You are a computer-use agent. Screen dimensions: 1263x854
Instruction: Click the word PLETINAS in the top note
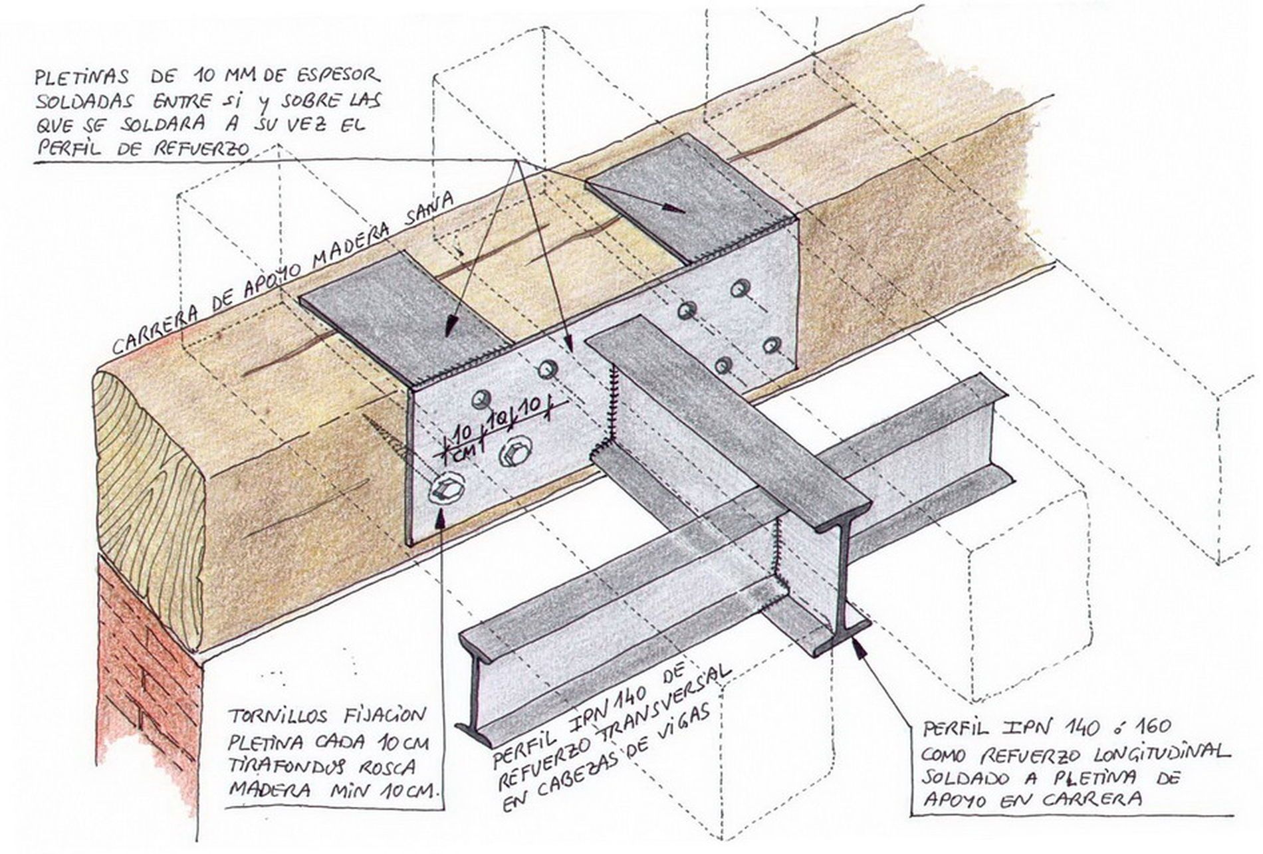pyautogui.click(x=82, y=76)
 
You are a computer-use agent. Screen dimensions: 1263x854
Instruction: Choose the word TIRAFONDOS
pyautogui.click(x=287, y=766)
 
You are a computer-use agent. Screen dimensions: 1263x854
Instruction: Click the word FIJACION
pyautogui.click(x=384, y=716)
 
